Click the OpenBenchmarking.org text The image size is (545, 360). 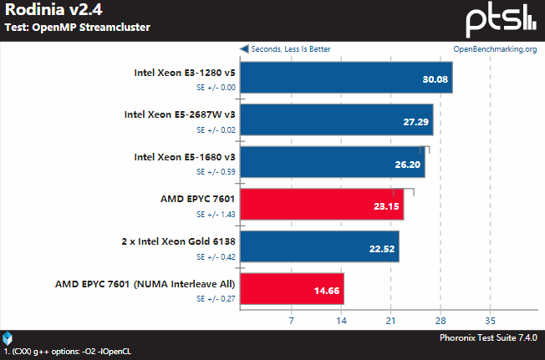494,49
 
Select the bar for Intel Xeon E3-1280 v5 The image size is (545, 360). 346,78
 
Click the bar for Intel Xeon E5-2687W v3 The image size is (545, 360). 336,120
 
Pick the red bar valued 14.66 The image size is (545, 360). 292,288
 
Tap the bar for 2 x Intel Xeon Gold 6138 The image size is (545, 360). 319,246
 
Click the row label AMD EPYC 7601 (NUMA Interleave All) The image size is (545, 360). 145,283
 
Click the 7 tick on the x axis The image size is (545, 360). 291,320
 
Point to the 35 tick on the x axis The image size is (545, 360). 490,320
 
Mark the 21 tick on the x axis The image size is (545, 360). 390,320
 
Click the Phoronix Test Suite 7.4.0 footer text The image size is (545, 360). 488,337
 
